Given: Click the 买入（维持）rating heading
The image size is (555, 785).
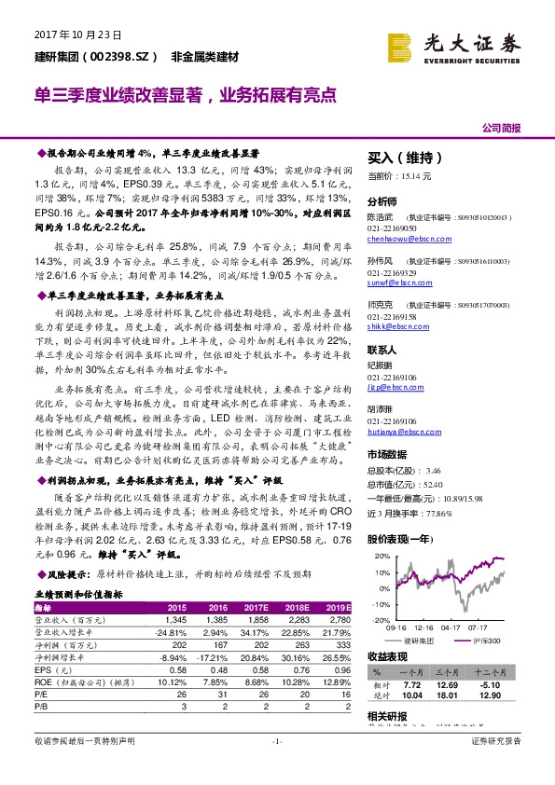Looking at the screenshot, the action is [404, 158].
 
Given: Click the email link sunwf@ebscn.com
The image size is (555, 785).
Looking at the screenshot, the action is [395, 281].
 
